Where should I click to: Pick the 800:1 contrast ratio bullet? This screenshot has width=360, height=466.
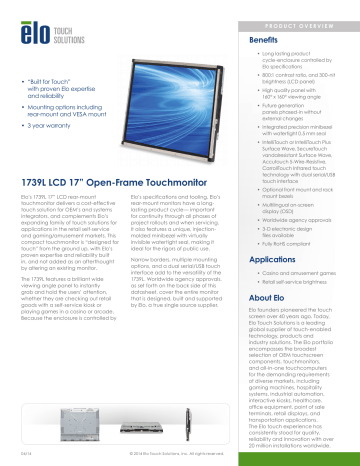coord(300,73)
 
